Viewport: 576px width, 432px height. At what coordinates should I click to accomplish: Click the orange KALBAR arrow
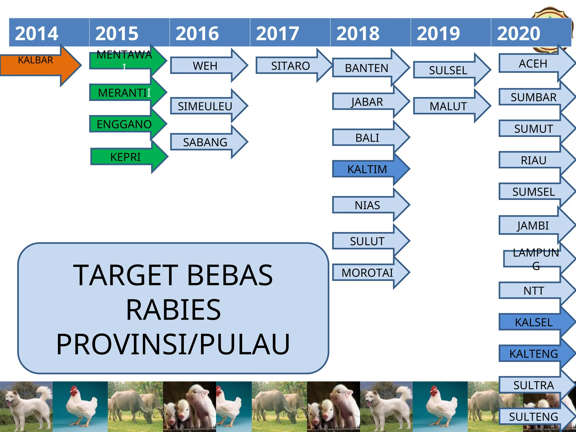click(37, 65)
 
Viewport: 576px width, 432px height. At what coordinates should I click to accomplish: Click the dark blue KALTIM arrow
click(367, 169)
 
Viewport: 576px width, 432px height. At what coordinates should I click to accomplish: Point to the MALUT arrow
click(449, 106)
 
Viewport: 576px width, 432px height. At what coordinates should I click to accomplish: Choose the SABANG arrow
click(205, 142)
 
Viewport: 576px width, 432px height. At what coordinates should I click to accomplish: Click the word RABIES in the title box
click(173, 310)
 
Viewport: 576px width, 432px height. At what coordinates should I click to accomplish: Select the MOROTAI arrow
click(367, 273)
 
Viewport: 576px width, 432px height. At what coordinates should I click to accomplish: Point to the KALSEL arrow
click(534, 322)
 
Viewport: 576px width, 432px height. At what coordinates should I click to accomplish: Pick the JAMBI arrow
click(533, 225)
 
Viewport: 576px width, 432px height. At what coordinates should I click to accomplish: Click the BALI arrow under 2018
click(367, 138)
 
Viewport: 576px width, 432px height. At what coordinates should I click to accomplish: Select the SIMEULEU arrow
click(205, 106)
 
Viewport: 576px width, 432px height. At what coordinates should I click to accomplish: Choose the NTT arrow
click(534, 291)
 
